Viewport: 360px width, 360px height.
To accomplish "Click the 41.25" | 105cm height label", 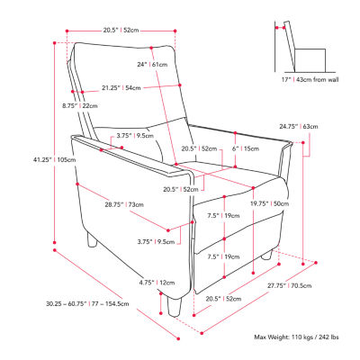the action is (x=54, y=160).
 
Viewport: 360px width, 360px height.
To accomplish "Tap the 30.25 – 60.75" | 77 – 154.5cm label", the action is (x=87, y=304).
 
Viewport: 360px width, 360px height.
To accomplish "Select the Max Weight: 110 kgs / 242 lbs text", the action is (x=297, y=337).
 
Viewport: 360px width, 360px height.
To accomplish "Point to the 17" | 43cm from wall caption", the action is (x=310, y=80).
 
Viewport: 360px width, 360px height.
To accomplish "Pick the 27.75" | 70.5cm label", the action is (x=290, y=285).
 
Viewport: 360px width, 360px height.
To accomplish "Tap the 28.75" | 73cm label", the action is (x=124, y=205).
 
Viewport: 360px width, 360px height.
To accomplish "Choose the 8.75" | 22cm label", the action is (x=80, y=106).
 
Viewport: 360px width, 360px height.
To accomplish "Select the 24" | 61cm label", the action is (x=152, y=65).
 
